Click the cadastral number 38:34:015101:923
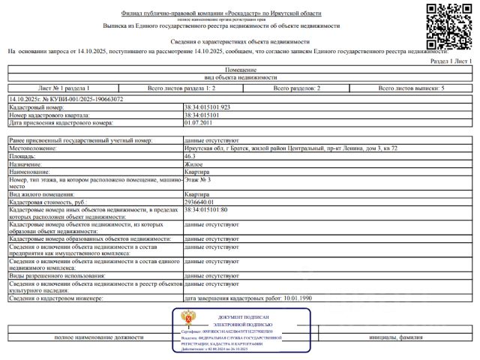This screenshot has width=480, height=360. click(x=207, y=108)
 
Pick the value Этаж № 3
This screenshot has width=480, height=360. click(x=198, y=180)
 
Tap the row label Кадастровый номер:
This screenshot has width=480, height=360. click(x=33, y=108)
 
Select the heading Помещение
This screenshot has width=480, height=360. click(x=240, y=69)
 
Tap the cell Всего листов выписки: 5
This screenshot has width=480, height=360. click(x=411, y=88)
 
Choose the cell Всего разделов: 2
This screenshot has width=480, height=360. click(x=298, y=88)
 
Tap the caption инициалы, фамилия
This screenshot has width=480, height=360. click(x=394, y=337)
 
